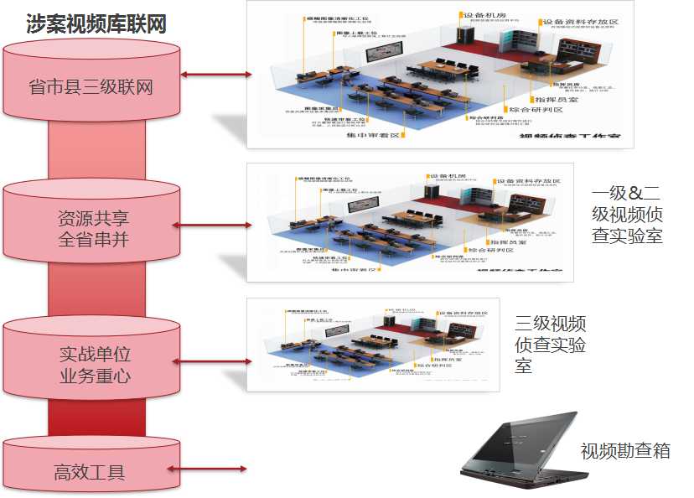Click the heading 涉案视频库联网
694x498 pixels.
(x=96, y=23)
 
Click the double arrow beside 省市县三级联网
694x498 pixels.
(x=216, y=75)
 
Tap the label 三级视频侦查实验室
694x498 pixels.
(x=550, y=345)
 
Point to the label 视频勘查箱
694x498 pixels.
(x=625, y=451)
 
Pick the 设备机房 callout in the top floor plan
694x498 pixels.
(x=479, y=15)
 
